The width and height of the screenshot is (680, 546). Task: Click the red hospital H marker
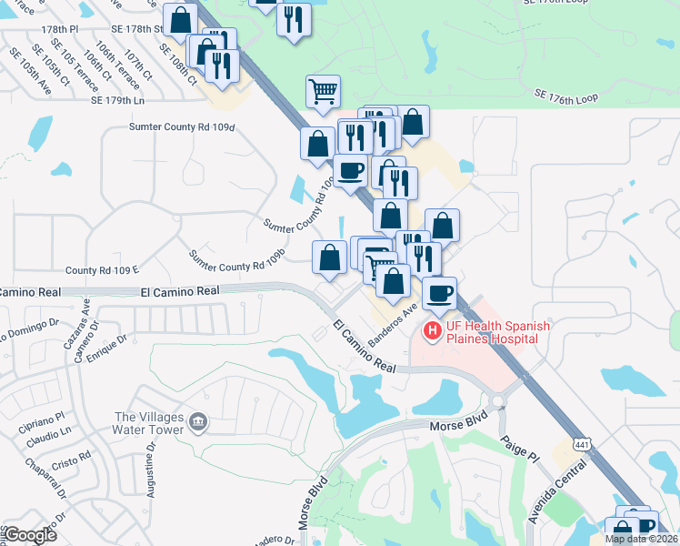(433, 331)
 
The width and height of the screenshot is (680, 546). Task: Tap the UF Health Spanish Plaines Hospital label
(489, 332)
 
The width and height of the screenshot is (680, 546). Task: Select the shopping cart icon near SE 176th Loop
(324, 92)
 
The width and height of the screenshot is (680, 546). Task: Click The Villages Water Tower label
(149, 423)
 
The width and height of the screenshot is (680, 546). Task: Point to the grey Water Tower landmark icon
(199, 421)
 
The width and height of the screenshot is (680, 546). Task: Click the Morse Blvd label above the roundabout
(458, 424)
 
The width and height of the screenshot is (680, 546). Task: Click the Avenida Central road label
(549, 492)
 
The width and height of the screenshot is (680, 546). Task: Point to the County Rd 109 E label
(102, 270)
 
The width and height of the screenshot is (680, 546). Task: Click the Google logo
(29, 535)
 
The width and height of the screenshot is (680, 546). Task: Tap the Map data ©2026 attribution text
(641, 539)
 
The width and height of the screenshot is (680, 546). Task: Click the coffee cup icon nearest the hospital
(440, 294)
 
